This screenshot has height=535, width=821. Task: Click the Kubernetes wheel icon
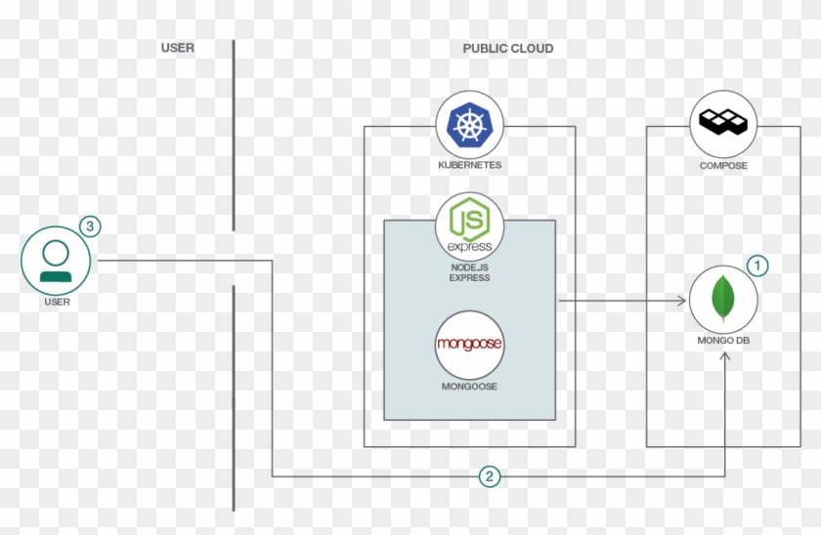(x=469, y=124)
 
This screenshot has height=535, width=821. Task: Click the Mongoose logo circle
(x=469, y=345)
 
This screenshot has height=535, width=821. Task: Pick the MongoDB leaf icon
(x=723, y=300)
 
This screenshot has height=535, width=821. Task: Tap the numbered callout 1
(x=758, y=265)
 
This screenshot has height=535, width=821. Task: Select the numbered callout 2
(x=490, y=476)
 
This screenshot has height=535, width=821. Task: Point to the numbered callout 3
(x=89, y=226)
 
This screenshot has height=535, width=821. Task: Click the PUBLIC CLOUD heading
(x=507, y=49)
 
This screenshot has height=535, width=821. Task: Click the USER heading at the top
(x=177, y=48)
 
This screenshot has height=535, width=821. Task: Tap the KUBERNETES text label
(x=469, y=166)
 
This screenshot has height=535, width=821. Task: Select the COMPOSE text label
(x=723, y=166)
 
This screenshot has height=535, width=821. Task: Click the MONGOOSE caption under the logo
(x=469, y=387)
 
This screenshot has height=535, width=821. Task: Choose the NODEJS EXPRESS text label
(x=469, y=272)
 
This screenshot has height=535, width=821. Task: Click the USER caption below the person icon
(x=57, y=303)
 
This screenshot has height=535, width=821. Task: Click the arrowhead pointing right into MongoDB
(x=682, y=302)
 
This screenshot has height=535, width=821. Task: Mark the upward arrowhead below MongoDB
(x=724, y=358)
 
